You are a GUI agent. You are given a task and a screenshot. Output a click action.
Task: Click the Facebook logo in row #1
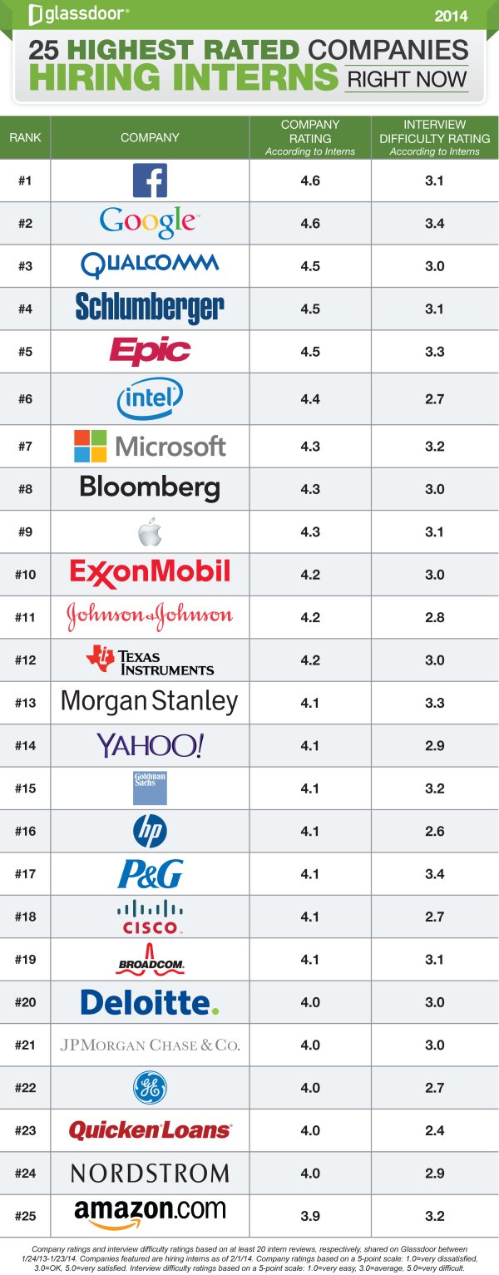point(150,180)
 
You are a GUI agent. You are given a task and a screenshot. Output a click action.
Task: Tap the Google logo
point(150,222)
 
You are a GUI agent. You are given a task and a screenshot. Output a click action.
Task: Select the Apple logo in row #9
point(150,531)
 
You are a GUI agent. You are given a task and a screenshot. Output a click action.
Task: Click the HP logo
point(150,831)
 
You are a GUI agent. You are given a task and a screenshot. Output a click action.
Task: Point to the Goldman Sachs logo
point(150,788)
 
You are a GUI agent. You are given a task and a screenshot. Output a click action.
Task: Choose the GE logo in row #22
point(150,1087)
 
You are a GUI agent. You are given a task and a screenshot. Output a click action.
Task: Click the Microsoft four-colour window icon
point(91,446)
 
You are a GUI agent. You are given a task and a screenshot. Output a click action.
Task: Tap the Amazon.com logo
point(150,1214)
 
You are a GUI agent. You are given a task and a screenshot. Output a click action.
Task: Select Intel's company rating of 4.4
point(310,399)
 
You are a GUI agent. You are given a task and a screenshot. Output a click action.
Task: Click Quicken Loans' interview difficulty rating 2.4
point(435,1130)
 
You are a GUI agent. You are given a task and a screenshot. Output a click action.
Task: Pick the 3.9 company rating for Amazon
point(310,1216)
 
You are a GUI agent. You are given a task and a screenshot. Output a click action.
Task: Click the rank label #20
point(25,1002)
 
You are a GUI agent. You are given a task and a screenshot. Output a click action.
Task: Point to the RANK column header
point(25,137)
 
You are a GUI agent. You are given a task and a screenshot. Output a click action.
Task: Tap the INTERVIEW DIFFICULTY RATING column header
point(435,137)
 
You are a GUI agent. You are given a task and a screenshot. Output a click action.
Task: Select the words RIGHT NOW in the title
point(407,80)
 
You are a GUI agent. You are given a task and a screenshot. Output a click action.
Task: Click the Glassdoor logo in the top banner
point(78,13)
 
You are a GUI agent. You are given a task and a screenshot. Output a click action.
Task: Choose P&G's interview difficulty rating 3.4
point(435,874)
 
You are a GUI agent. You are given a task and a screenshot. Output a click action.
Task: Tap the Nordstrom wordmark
point(150,1173)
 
